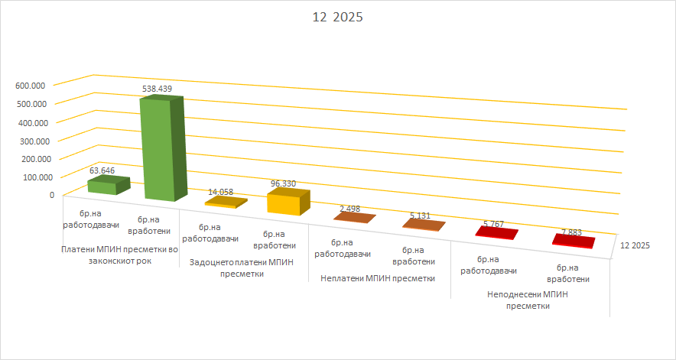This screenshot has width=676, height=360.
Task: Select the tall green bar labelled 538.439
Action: coord(162,149)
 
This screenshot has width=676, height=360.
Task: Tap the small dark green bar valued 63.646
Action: coord(108,185)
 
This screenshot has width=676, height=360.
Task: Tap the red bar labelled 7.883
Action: coord(573,242)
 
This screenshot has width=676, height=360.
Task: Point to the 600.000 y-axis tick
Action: coord(31,85)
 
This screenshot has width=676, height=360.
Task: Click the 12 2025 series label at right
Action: coord(635,245)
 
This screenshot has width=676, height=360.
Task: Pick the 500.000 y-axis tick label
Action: coord(31,103)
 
